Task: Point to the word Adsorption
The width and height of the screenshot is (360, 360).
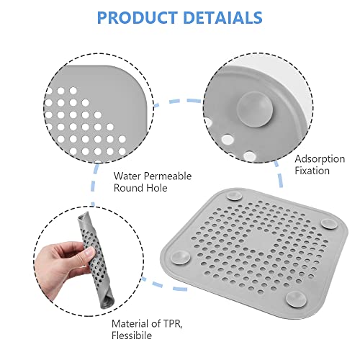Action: pyautogui.click(x=318, y=158)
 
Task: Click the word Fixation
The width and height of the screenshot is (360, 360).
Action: pyautogui.click(x=312, y=171)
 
